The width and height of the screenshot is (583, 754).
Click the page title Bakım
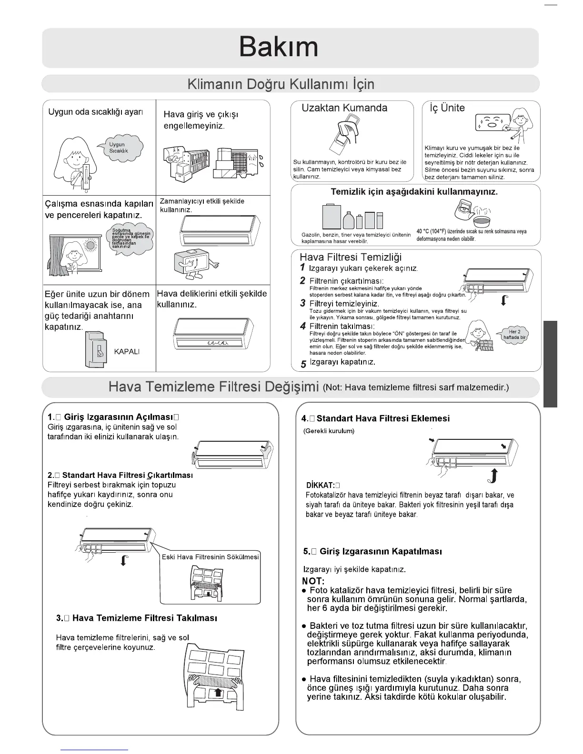pyautogui.click(x=278, y=47)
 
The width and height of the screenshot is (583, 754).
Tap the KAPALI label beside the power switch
pyautogui.click(x=127, y=351)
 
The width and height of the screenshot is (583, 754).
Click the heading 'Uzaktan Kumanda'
pyautogui.click(x=344, y=108)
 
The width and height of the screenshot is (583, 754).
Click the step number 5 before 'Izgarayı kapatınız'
pyautogui.click(x=303, y=365)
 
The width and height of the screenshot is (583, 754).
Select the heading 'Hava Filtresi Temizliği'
pyautogui.click(x=350, y=258)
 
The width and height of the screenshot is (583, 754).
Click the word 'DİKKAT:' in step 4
pyautogui.click(x=322, y=486)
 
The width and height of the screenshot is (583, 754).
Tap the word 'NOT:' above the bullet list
pyautogui.click(x=313, y=581)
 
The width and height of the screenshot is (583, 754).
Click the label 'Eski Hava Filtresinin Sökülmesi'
pyautogui.click(x=210, y=557)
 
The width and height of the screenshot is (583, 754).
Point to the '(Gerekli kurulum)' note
pyautogui.click(x=329, y=431)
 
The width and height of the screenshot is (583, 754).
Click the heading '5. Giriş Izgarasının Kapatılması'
pyautogui.click(x=372, y=552)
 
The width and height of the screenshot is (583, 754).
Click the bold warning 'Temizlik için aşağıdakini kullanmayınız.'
pyautogui.click(x=414, y=192)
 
